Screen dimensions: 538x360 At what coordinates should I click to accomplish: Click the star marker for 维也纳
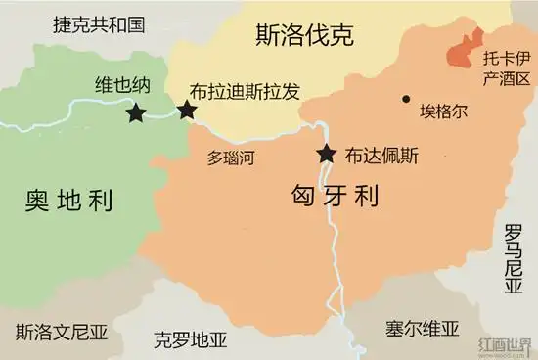coord(136,113)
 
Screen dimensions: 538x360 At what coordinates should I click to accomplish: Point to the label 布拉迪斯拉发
coord(245,90)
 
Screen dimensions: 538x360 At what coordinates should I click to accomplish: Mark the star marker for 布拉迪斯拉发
coord(187,109)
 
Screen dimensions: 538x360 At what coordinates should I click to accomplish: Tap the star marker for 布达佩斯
coord(325,154)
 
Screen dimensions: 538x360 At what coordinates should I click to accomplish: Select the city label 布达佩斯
coord(381,154)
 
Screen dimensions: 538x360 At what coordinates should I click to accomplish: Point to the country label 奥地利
coord(68,201)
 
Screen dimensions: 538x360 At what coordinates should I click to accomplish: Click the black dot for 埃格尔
coord(405,98)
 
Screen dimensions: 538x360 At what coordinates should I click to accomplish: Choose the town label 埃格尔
coord(443,111)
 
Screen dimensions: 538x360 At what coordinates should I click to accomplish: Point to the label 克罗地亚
coord(191,340)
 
